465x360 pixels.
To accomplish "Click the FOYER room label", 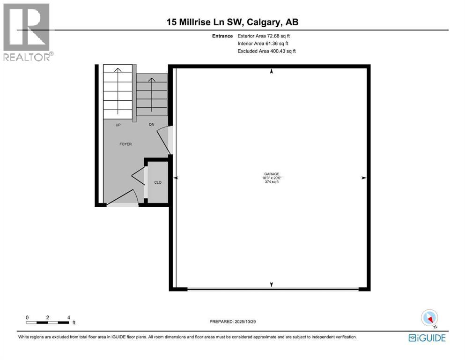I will click(x=125, y=144).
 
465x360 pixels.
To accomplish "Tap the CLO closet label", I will click(x=158, y=182).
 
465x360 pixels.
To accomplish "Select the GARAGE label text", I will click(x=271, y=174).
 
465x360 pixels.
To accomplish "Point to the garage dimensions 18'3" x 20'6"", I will click(x=271, y=178).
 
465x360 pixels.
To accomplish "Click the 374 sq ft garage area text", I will click(x=271, y=182).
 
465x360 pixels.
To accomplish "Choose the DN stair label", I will click(x=152, y=125).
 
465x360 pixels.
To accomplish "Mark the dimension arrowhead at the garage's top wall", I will click(x=271, y=72).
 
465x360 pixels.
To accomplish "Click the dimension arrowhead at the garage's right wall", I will click(x=363, y=178).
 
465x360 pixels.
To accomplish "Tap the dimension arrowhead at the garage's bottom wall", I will click(x=271, y=285).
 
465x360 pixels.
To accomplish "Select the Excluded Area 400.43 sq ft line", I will click(x=267, y=51).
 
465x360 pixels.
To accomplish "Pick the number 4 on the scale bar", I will click(x=69, y=317).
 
